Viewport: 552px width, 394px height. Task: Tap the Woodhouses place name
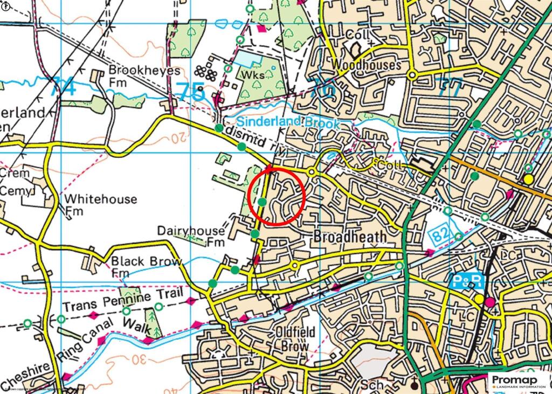click(366, 65)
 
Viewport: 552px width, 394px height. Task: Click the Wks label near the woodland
click(254, 75)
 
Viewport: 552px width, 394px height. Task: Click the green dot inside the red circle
click(261, 202)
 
